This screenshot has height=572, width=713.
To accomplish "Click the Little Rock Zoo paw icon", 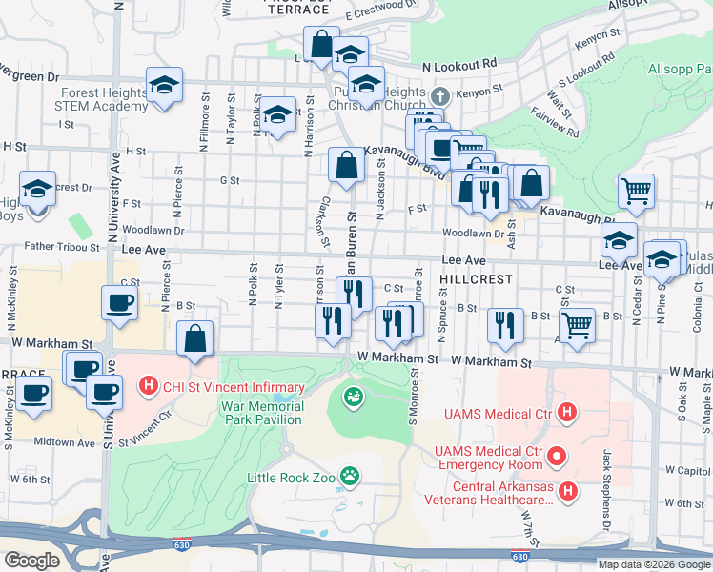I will click(351, 474).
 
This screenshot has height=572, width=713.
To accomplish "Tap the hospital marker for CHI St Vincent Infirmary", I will click(148, 387).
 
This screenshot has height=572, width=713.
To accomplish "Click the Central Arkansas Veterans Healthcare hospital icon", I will click(568, 491).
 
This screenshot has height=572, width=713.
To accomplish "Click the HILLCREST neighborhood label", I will click(477, 279).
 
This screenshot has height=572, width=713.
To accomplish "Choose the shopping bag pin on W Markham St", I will click(195, 338).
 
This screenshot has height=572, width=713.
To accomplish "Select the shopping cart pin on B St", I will click(577, 325).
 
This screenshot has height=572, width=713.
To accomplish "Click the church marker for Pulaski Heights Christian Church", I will click(439, 96).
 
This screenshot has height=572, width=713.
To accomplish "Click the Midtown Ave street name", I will click(65, 441).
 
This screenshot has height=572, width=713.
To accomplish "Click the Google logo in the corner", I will click(31, 561).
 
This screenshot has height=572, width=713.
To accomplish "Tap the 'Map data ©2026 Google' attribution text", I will click(654, 564).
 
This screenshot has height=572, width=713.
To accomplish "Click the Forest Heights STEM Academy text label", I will click(103, 100).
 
